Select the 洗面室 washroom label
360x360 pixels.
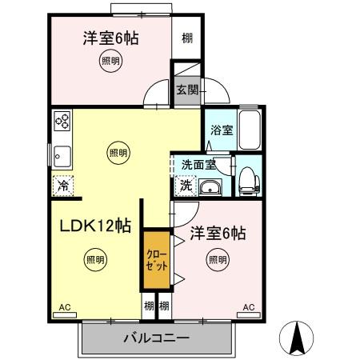[x=198, y=165]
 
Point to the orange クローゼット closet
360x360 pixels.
[x=157, y=261]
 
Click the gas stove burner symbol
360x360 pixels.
[x=63, y=122]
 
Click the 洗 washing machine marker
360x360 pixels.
[x=185, y=186]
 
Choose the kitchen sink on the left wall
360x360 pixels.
[x=62, y=154]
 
